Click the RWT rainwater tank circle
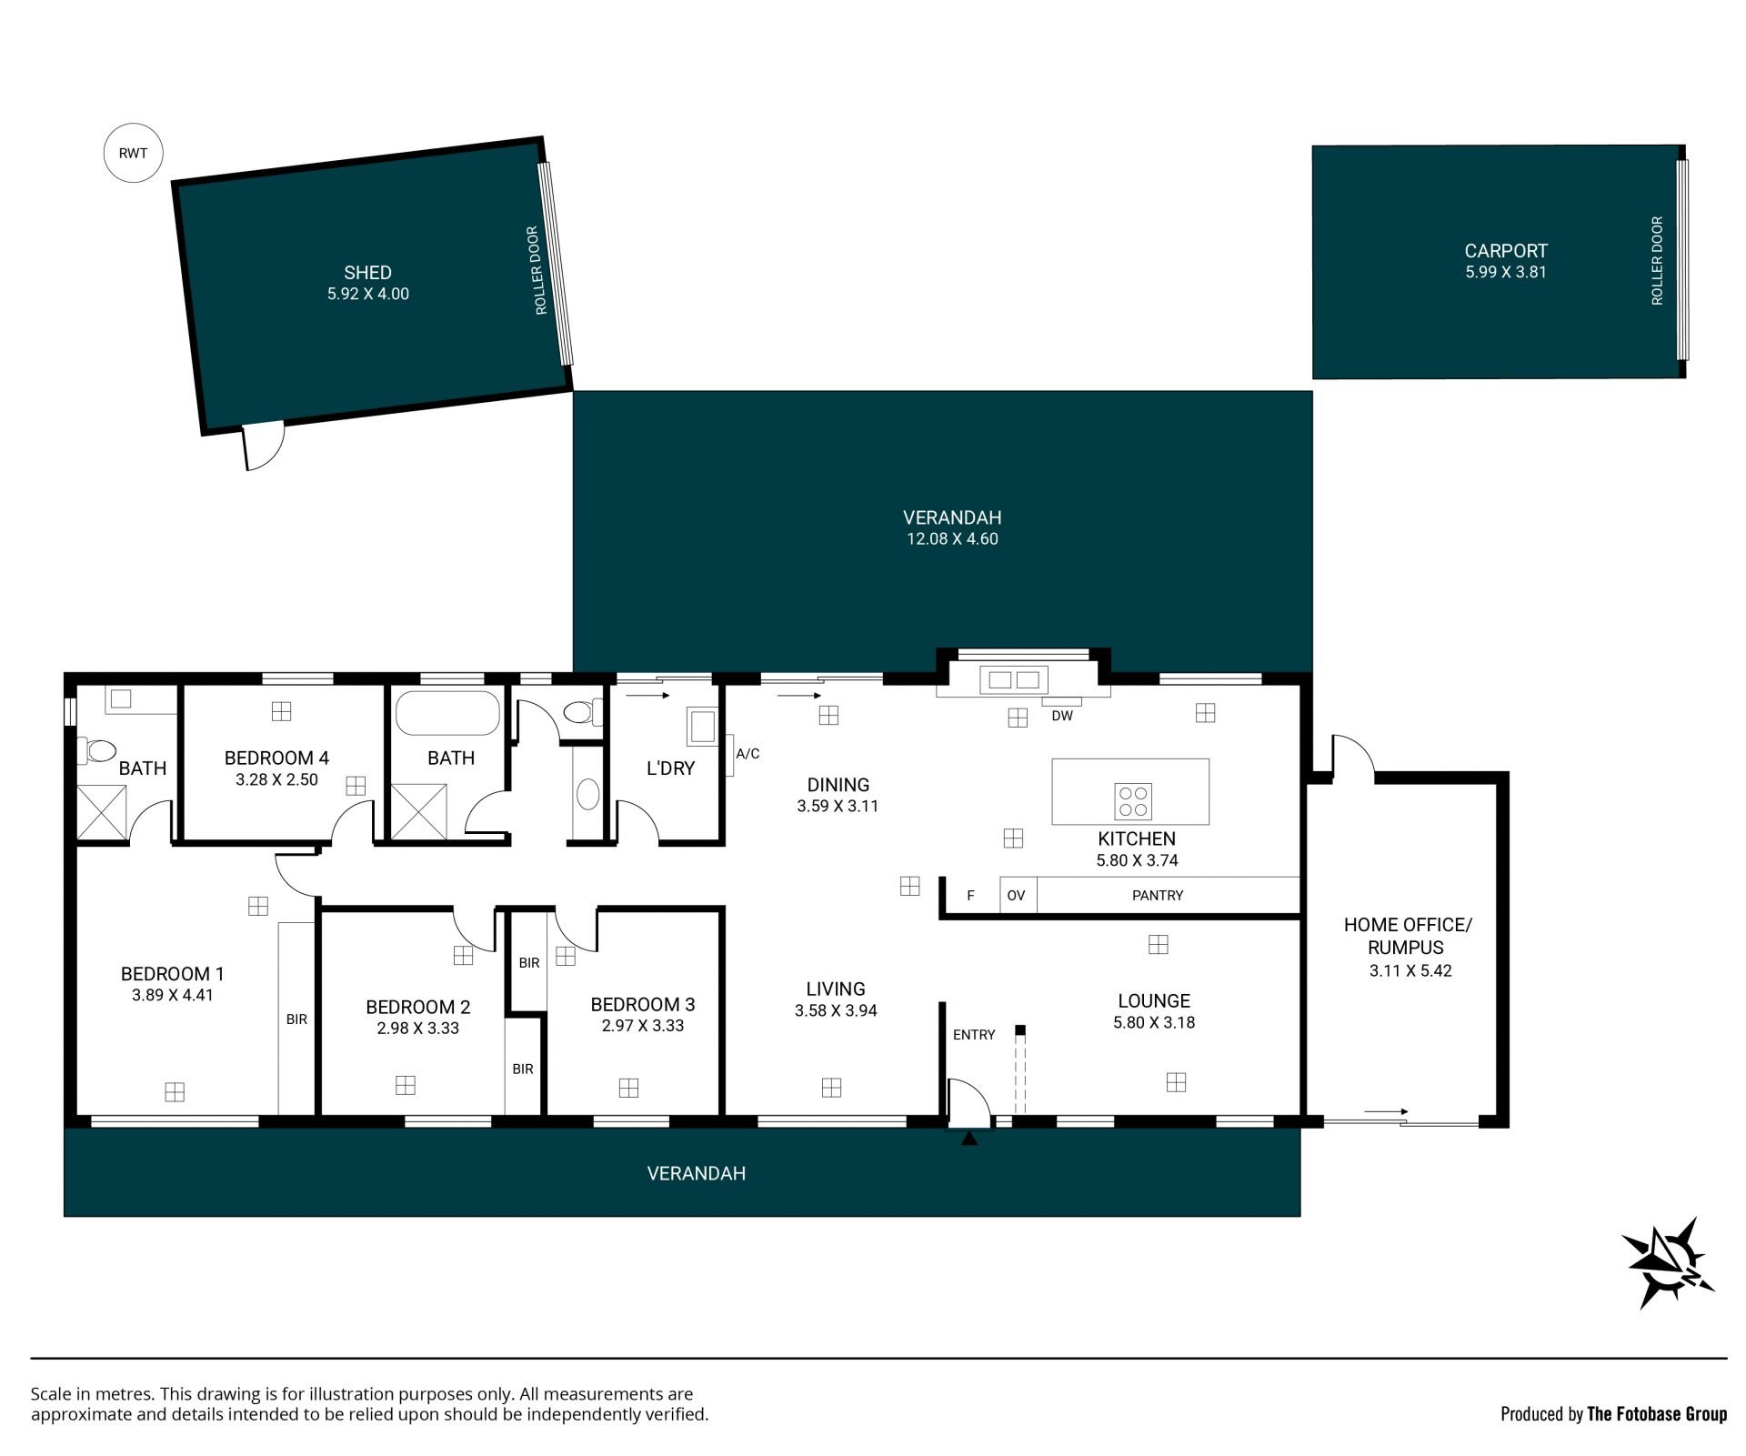click(x=133, y=153)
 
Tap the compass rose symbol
click(x=1668, y=1263)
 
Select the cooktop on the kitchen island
click(x=1133, y=800)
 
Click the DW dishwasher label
click(x=1062, y=716)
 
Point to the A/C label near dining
click(x=748, y=753)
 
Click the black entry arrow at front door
click(x=969, y=1138)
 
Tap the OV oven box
click(x=1018, y=895)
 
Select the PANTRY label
click(x=1158, y=895)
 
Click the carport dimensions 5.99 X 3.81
click(x=1506, y=272)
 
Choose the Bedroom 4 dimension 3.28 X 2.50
click(x=276, y=779)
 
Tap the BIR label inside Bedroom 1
click(x=296, y=1019)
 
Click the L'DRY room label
click(x=670, y=768)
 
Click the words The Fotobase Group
click(x=1656, y=1414)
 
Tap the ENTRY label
click(x=974, y=1034)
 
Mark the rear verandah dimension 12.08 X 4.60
click(x=952, y=538)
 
